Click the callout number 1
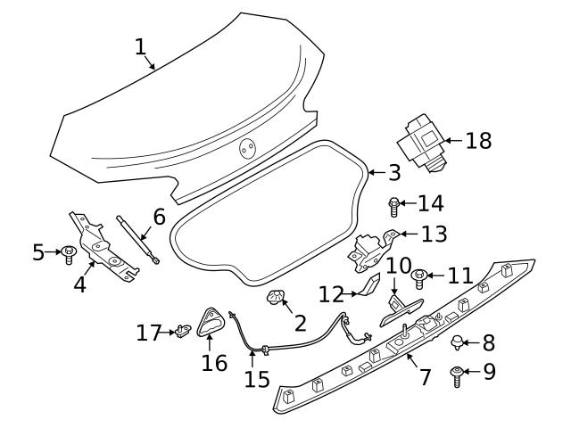[141, 46]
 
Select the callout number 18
[478, 141]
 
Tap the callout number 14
[430, 203]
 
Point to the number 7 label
[425, 377]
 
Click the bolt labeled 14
[394, 207]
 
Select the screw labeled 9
[458, 376]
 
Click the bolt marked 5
[69, 255]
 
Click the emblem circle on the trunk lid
[247, 151]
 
